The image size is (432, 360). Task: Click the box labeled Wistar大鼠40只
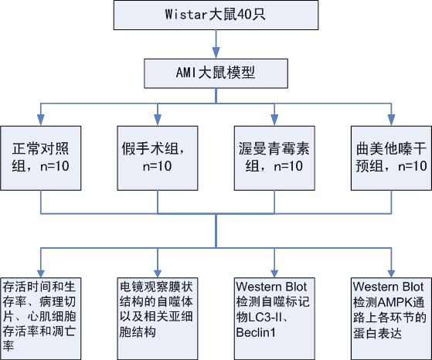tap(216, 15)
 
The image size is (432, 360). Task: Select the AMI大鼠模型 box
tap(216, 73)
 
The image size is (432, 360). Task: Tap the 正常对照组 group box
tap(40, 158)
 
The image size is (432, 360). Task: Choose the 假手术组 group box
tap(158, 158)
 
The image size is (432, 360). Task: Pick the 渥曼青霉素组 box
tap(274, 158)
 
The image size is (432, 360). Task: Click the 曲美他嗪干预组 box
tap(391, 158)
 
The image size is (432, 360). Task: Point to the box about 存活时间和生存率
tap(40, 319)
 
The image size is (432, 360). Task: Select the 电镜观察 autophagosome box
tap(158, 319)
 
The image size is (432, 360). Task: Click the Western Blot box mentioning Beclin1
tap(274, 319)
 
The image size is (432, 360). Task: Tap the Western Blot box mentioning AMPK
tap(391, 319)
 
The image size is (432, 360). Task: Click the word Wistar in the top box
tap(185, 15)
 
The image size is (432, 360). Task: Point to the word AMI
tap(186, 73)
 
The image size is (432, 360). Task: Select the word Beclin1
tap(256, 332)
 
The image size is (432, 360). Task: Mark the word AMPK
tap(395, 302)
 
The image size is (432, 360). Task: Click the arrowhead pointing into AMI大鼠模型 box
tap(216, 53)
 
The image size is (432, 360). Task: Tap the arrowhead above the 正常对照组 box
tap(41, 121)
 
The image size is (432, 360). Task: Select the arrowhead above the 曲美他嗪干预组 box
tap(391, 121)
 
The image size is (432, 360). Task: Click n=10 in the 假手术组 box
tap(158, 166)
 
